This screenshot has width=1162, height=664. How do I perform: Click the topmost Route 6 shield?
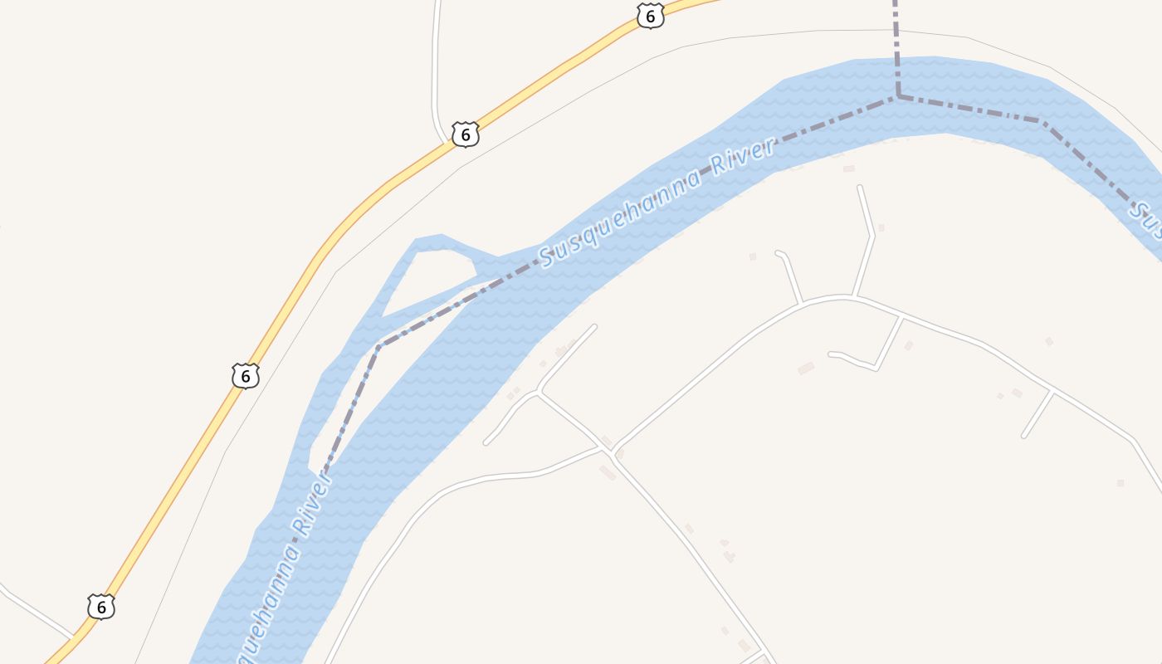point(651,16)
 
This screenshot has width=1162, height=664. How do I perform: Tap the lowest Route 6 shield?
point(100,607)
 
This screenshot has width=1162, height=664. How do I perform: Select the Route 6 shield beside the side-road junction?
point(466,134)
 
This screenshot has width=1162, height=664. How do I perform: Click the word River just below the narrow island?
point(308,506)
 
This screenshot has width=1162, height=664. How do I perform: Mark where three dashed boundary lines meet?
point(898,97)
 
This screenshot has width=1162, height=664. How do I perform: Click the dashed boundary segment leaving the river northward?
point(896,41)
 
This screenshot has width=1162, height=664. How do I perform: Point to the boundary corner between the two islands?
point(378,346)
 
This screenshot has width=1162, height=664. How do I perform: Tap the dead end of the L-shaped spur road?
point(831,354)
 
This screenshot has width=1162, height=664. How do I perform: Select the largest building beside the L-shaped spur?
point(806,368)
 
